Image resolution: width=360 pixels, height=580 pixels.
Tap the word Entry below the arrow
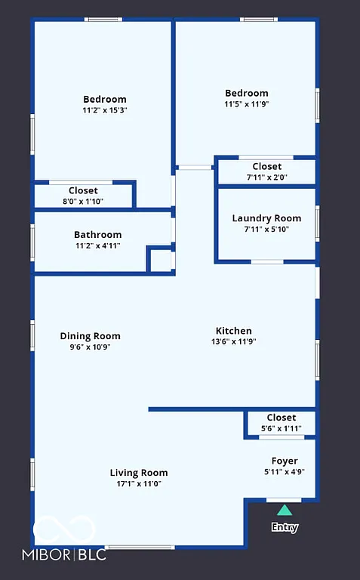(285, 528)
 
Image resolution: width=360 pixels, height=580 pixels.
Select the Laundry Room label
(266, 218)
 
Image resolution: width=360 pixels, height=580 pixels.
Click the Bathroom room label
(97, 235)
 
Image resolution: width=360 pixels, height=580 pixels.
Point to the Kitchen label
(234, 331)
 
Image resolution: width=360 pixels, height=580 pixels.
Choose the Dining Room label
(90, 336)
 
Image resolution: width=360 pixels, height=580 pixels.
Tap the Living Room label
(139, 473)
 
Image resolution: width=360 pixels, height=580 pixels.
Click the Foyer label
(285, 461)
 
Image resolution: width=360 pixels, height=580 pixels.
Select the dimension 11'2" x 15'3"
(105, 110)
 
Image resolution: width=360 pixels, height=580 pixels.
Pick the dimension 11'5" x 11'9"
(246, 104)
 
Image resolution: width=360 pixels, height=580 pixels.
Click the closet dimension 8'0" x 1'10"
(83, 201)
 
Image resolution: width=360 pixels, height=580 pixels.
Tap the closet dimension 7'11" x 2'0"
(266, 177)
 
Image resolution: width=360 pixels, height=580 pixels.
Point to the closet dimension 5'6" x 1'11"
(281, 428)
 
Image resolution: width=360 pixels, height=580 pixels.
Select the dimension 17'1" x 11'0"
(139, 483)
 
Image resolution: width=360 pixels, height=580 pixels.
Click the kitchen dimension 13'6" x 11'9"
(234, 341)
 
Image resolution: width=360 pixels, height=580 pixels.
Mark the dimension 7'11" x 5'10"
(266, 229)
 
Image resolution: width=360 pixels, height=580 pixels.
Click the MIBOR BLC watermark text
(69, 555)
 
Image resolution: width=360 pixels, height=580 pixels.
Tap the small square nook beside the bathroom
(160, 260)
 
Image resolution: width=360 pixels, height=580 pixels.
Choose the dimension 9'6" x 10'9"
(90, 347)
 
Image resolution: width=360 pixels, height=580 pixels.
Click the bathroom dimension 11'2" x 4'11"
(97, 245)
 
